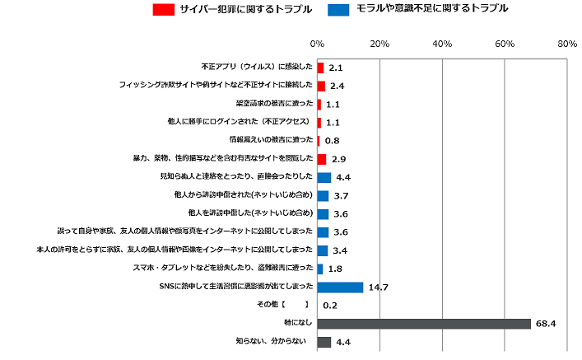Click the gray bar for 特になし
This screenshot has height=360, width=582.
[x=424, y=324]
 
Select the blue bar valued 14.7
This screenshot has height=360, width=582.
[x=340, y=287]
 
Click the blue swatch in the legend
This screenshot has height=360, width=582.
[x=337, y=10]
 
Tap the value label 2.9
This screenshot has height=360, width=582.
[x=337, y=159]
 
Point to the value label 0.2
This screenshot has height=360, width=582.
[x=330, y=306]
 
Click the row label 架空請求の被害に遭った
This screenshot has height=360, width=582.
[x=273, y=104]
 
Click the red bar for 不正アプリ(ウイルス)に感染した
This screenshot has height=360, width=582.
[x=320, y=68]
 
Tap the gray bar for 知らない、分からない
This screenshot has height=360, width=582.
[x=324, y=342]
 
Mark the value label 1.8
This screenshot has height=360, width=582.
[x=334, y=269]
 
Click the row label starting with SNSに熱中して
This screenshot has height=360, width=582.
[x=235, y=287]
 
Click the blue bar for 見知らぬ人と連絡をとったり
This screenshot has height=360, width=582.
[x=324, y=177]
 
